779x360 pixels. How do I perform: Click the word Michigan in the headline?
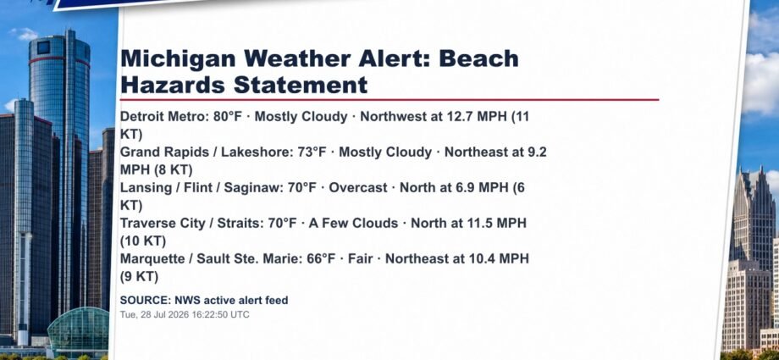(x=179, y=59)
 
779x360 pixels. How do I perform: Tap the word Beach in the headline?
(x=479, y=58)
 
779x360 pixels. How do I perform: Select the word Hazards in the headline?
(x=173, y=85)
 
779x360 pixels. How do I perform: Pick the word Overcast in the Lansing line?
(x=357, y=188)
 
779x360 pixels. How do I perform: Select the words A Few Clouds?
(x=353, y=224)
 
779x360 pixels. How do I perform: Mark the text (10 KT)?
(x=143, y=241)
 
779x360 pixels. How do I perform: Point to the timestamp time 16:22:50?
(x=212, y=315)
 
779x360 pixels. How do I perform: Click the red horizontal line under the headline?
(x=389, y=99)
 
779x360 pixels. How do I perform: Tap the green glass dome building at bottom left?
(x=79, y=330)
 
